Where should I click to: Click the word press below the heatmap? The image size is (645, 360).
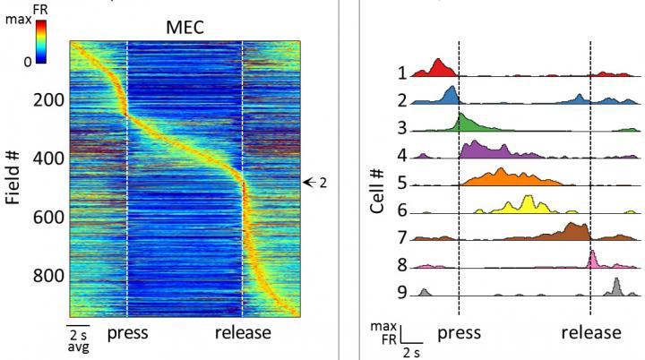127,333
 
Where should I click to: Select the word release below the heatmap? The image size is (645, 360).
244,333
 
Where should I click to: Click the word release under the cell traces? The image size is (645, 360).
590,333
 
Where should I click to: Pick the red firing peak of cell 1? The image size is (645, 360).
439,68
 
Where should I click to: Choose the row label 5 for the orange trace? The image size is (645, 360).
403,184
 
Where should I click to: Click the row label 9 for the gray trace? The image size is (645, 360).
403,292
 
